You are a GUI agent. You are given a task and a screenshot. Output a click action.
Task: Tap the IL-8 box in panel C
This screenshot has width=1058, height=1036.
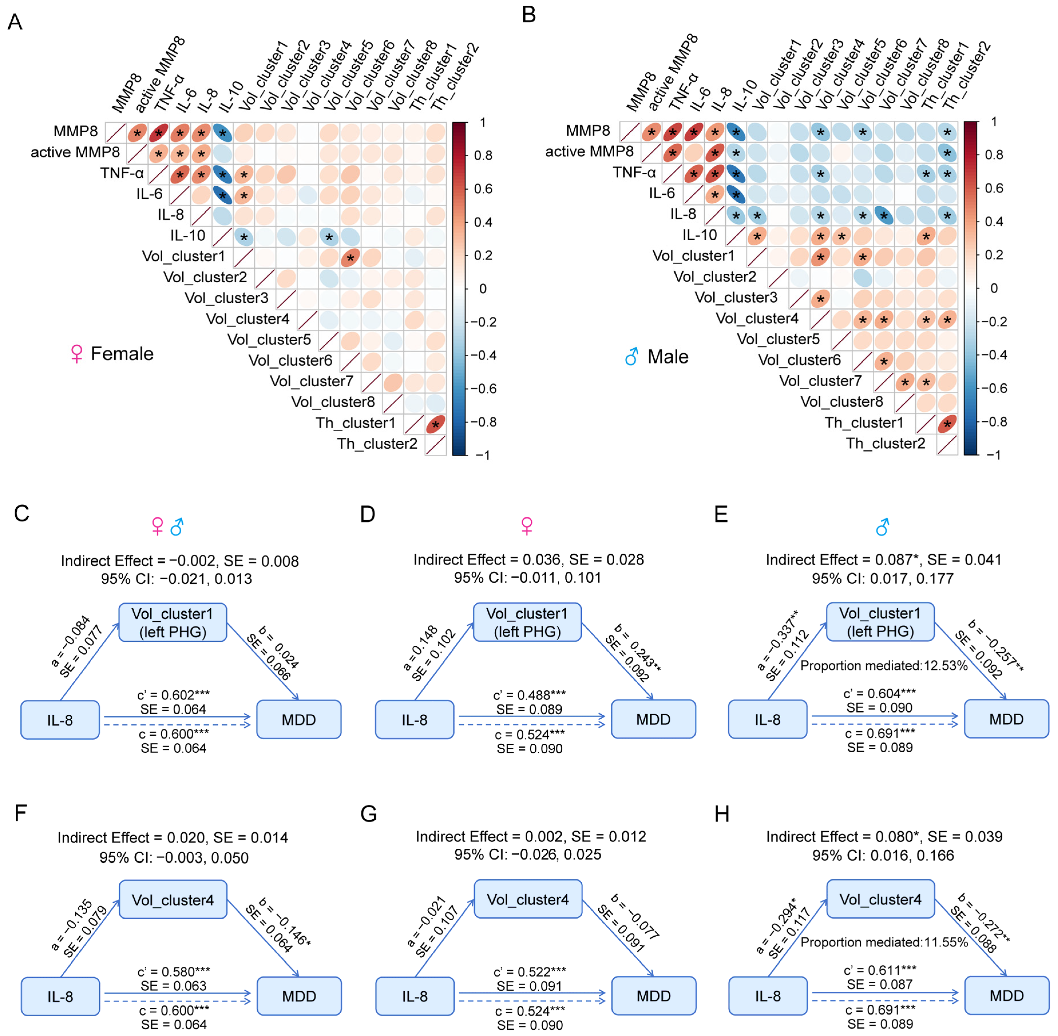point(60,720)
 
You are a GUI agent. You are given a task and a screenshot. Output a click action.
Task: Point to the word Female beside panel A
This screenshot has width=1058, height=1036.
point(122,354)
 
